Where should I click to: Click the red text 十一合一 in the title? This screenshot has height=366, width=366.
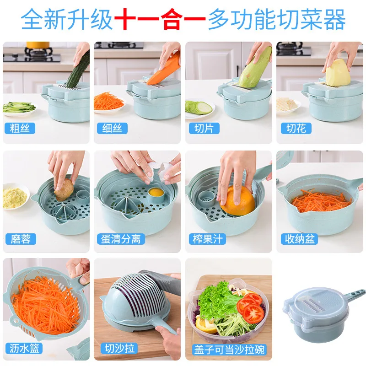point(160,19)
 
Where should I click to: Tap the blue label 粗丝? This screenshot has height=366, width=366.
point(20,128)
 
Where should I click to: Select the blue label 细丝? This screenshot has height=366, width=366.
point(112,128)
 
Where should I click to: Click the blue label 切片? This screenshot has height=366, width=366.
point(204,128)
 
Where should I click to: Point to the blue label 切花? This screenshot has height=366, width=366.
point(296,128)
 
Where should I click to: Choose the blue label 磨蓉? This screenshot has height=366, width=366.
point(21,239)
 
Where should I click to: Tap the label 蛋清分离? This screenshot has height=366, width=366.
point(121,239)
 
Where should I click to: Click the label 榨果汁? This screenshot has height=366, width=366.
point(207,239)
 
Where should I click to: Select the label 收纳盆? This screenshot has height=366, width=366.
point(299,239)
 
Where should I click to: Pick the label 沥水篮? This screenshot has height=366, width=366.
point(24,348)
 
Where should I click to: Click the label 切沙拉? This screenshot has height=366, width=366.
point(119,348)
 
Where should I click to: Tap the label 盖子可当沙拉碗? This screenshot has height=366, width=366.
point(229,350)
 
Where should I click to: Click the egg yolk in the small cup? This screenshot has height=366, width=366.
point(156,193)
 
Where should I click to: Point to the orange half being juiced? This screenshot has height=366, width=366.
point(237,201)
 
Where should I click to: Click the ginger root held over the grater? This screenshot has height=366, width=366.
point(64,190)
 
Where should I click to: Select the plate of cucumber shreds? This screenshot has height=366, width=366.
point(19,108)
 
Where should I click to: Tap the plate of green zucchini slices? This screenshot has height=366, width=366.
point(199,108)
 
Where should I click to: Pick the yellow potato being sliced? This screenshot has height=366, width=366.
point(338,73)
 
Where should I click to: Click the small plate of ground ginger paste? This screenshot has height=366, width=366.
point(15,198)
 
